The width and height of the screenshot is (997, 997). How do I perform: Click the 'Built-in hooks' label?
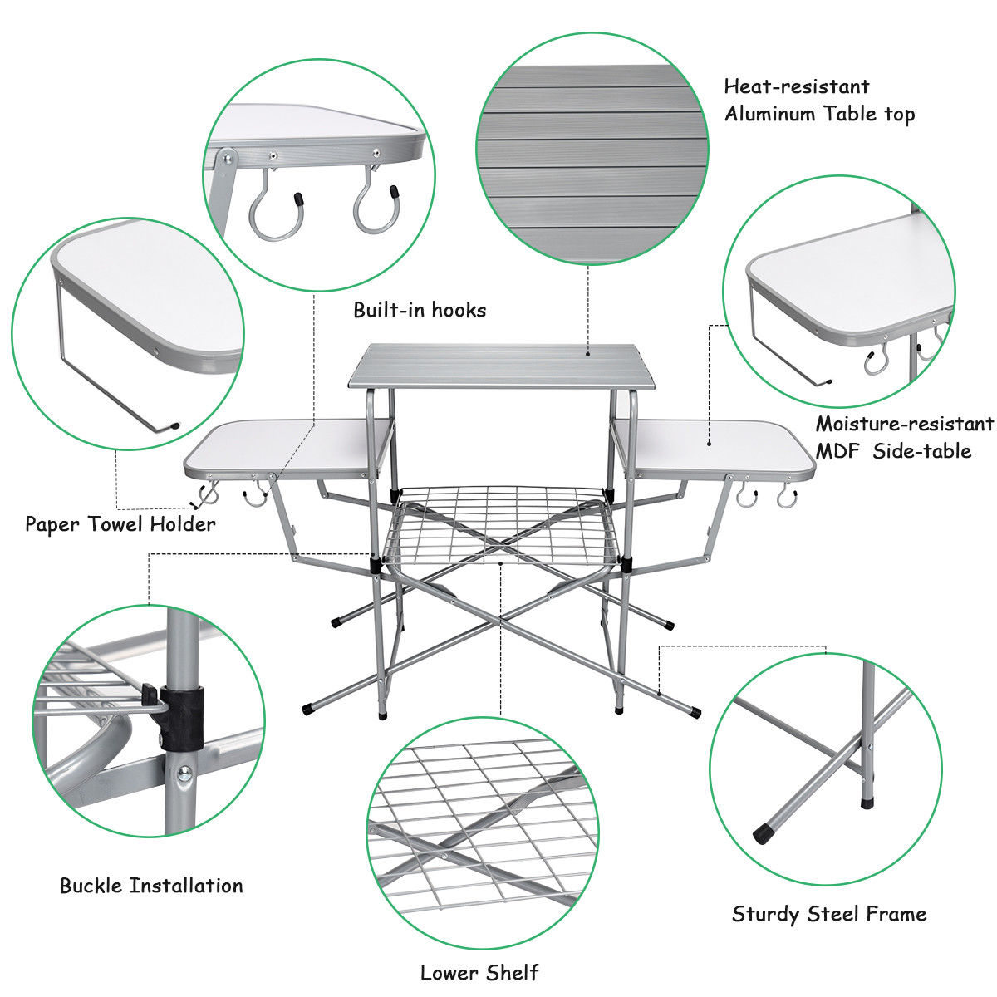point(420,310)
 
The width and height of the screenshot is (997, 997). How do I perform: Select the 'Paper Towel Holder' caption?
point(120,524)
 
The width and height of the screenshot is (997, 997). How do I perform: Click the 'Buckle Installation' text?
point(151,886)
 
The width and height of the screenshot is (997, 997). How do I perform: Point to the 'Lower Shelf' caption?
point(479,972)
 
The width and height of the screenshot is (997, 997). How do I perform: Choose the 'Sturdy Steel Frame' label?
point(828,915)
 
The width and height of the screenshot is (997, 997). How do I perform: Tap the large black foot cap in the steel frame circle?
point(760,832)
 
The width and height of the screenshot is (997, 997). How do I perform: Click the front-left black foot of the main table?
point(307,710)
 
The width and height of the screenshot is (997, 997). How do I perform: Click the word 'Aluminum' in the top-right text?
point(769,115)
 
